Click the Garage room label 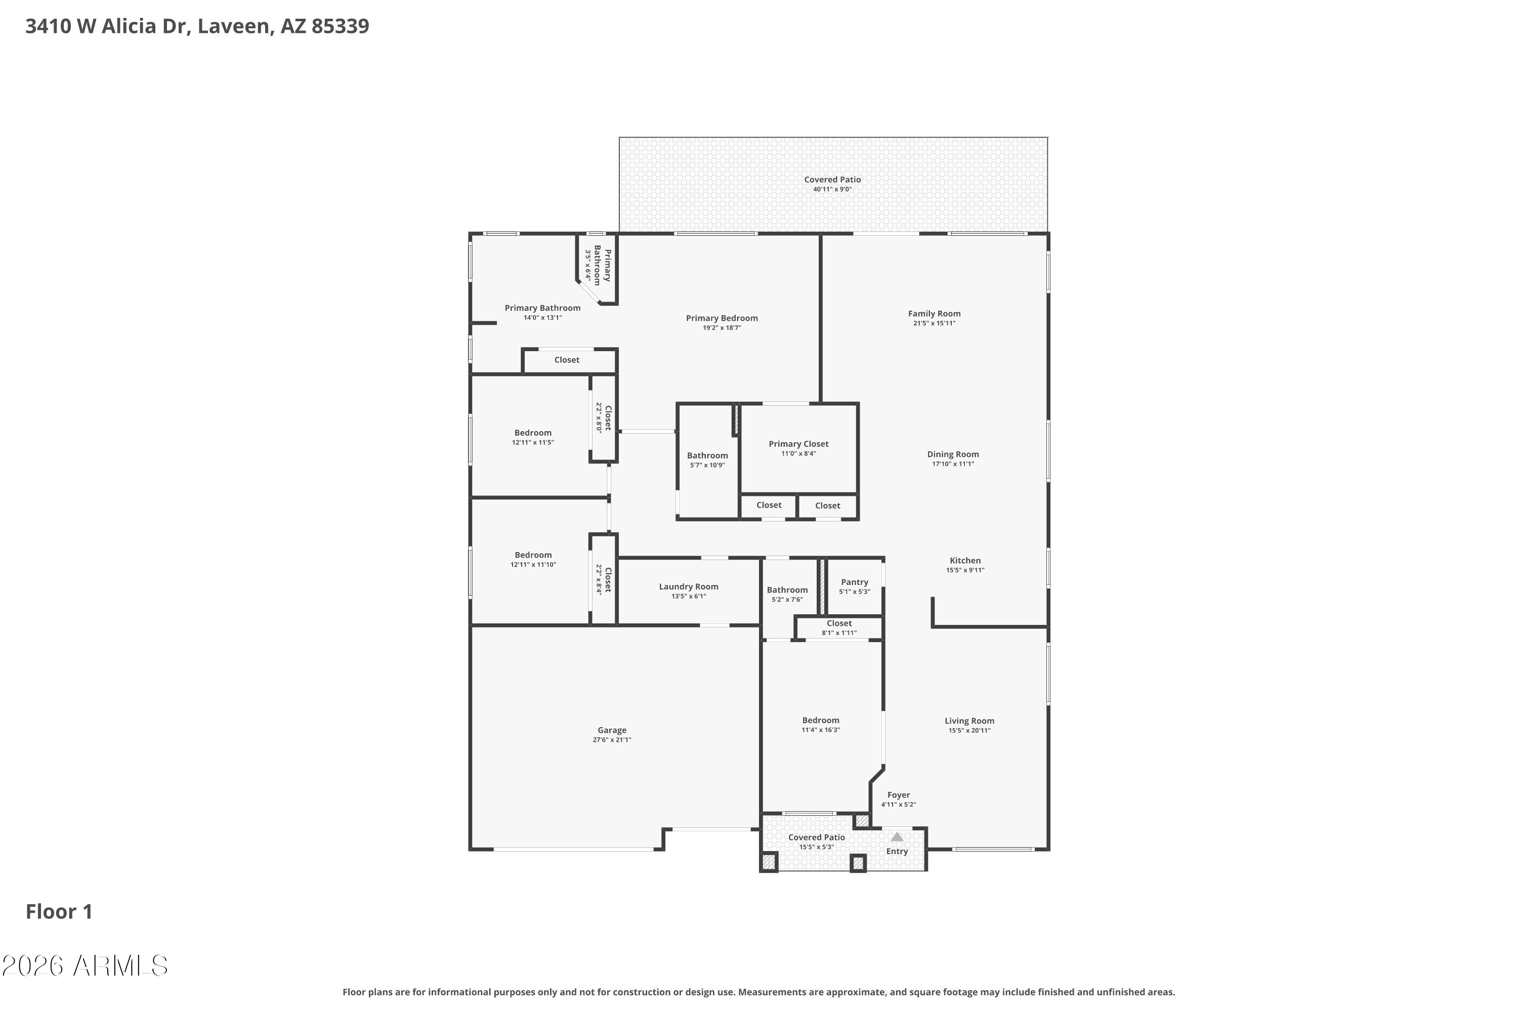pyautogui.click(x=611, y=730)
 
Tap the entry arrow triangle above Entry pyautogui.click(x=897, y=836)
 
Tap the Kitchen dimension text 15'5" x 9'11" pyautogui.click(x=964, y=570)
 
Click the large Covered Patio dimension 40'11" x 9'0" pyautogui.click(x=832, y=189)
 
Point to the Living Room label pyautogui.click(x=969, y=721)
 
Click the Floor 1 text pyautogui.click(x=59, y=911)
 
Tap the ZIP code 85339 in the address pyautogui.click(x=340, y=26)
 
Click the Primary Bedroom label pyautogui.click(x=721, y=318)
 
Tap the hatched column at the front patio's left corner pyautogui.click(x=768, y=862)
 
